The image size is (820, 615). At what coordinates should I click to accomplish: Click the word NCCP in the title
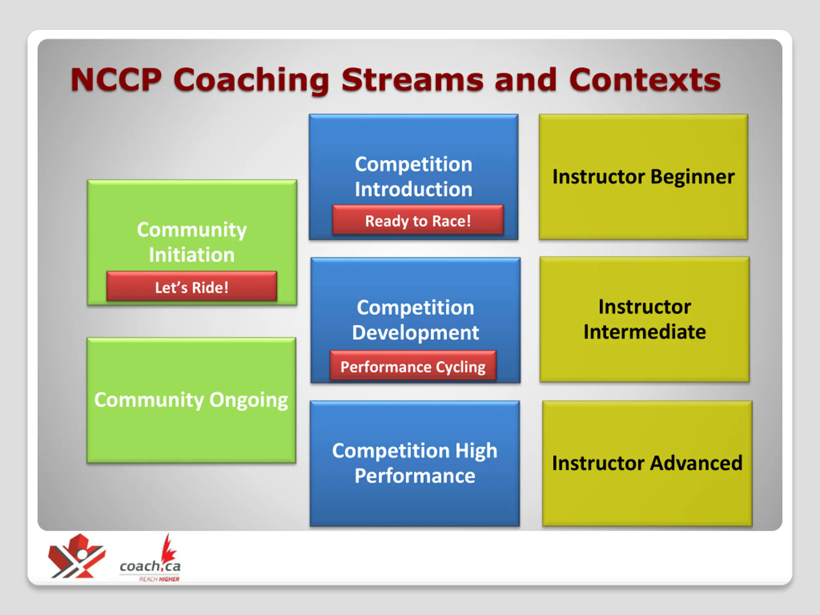click(x=116, y=79)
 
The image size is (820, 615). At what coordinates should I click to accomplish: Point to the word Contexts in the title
click(x=645, y=79)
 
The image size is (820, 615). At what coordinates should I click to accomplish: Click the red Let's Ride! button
click(x=192, y=286)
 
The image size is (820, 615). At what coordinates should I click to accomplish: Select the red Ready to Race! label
click(x=418, y=220)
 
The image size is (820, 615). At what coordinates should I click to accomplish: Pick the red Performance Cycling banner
click(x=413, y=366)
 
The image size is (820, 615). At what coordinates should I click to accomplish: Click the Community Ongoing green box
click(x=191, y=400)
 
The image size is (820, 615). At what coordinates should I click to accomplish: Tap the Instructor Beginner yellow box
click(x=643, y=177)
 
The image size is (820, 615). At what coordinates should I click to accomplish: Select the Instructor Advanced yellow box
click(x=647, y=463)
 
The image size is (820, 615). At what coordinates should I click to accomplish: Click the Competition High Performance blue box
click(x=414, y=463)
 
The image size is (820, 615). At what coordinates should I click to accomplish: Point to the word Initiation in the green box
click(x=192, y=255)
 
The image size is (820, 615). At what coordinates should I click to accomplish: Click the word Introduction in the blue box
click(x=414, y=189)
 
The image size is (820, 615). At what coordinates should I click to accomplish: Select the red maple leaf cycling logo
click(x=77, y=556)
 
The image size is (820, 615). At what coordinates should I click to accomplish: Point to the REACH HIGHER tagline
click(x=159, y=579)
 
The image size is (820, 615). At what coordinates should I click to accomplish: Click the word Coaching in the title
click(x=252, y=80)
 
